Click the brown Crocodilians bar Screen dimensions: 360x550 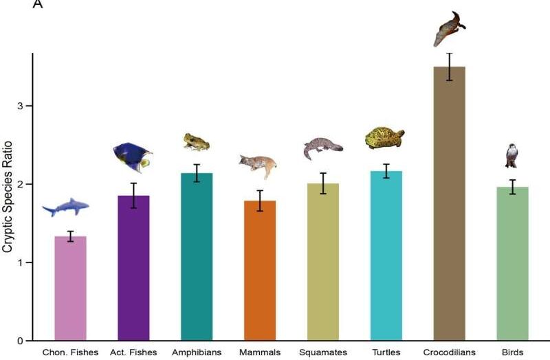coord(449,206)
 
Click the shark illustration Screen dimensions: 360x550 coord(66,206)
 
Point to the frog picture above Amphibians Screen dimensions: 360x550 coord(196,142)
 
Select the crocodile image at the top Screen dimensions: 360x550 coord(449,29)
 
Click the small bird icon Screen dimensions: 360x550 coord(511,156)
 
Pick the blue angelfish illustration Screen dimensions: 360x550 coord(133,157)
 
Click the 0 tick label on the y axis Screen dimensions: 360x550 coord(21,341)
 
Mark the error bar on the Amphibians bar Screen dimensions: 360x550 coord(197,173)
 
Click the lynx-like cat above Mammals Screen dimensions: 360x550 coord(259,166)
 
